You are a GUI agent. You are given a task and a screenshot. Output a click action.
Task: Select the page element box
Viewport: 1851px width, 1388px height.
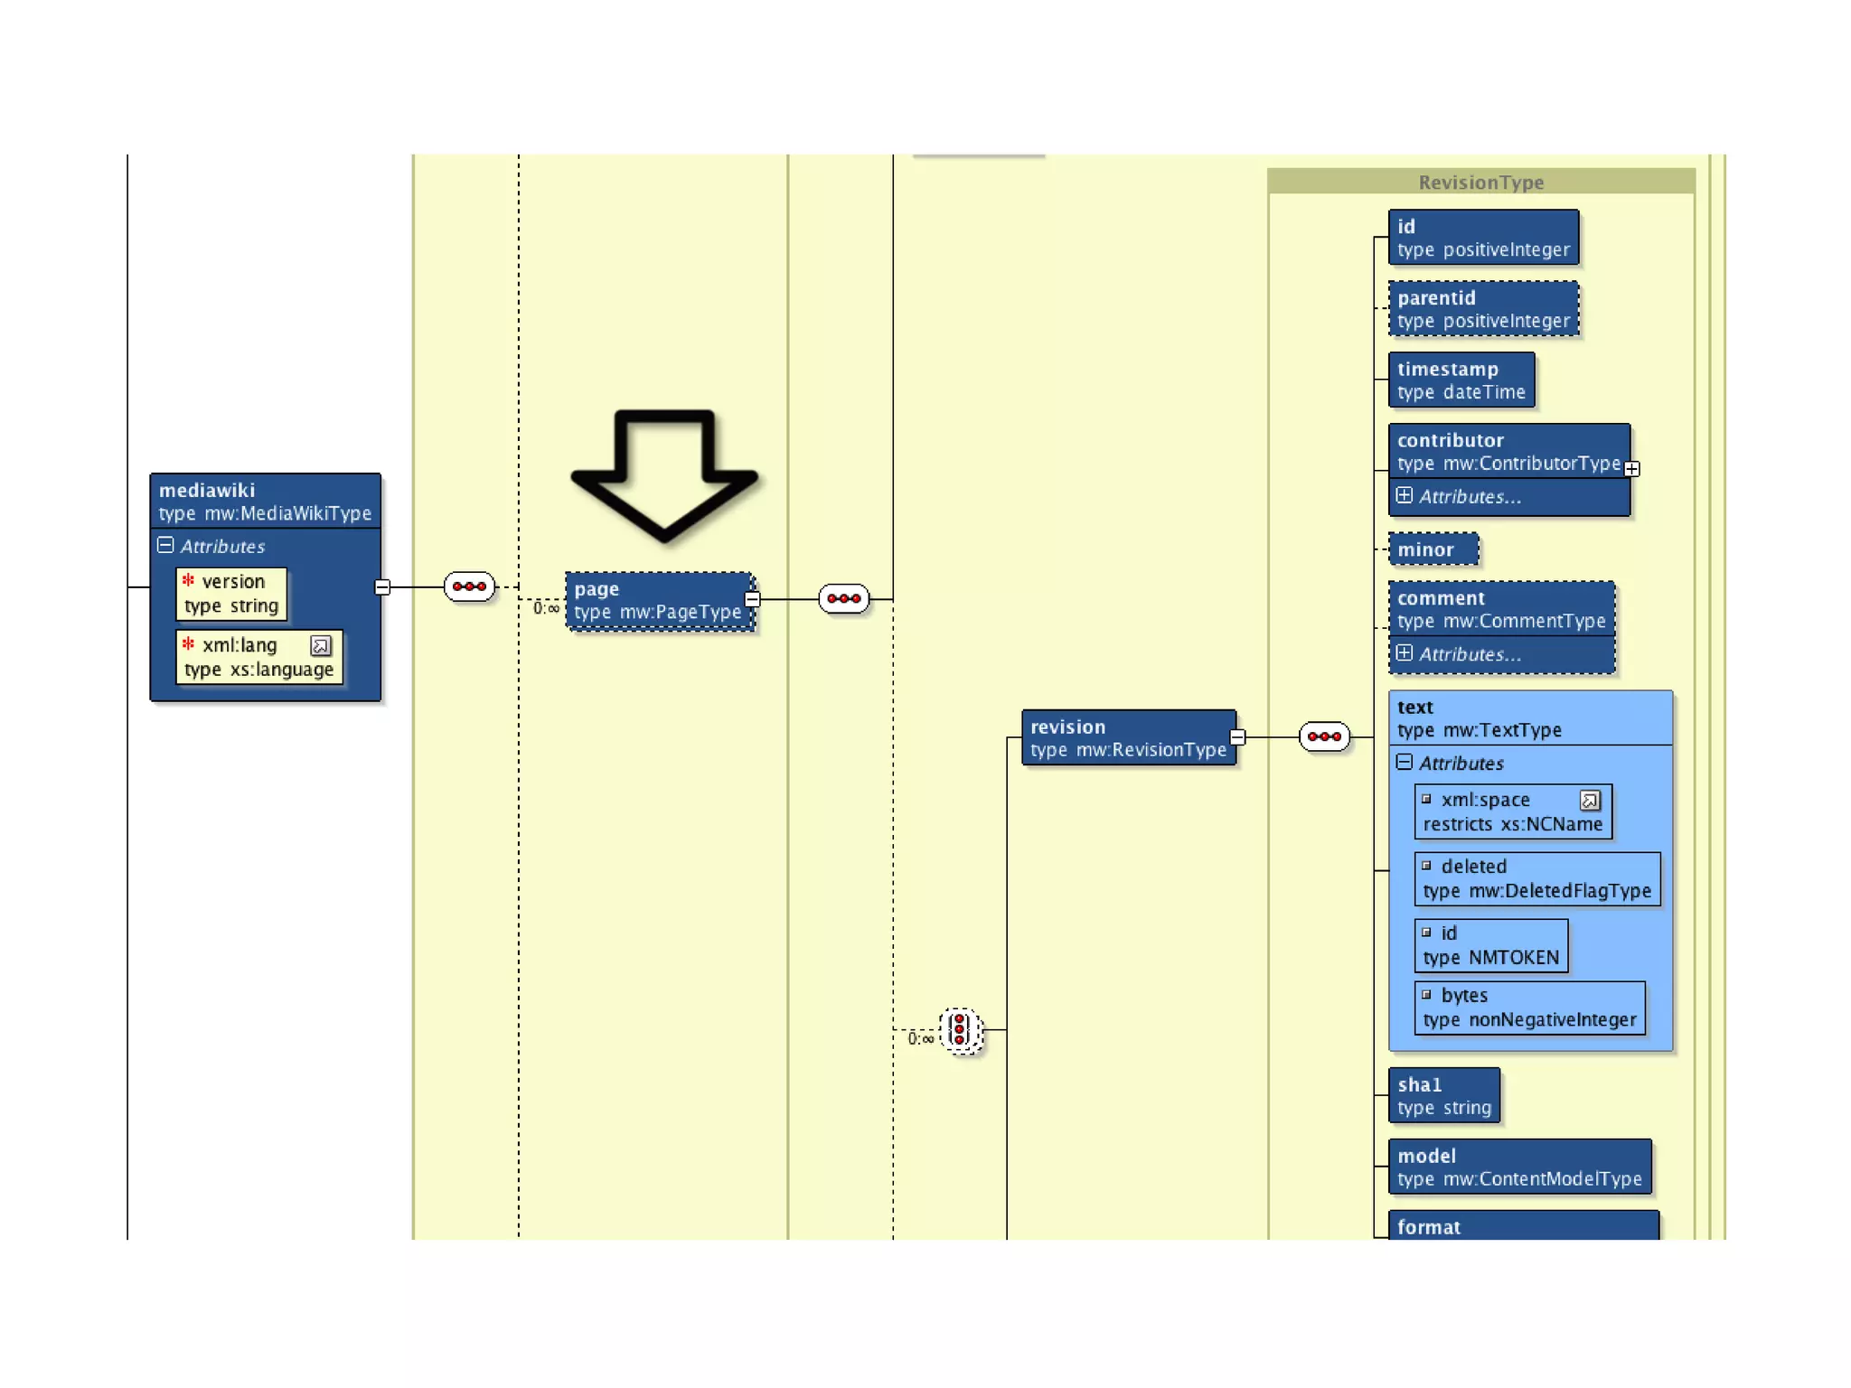tap(659, 601)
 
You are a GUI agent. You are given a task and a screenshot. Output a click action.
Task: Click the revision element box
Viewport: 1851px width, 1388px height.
tap(1128, 737)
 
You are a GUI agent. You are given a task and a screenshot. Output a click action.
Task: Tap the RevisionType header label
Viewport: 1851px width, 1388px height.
tap(1480, 183)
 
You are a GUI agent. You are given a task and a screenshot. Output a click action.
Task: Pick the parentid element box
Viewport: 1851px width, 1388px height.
tap(1483, 309)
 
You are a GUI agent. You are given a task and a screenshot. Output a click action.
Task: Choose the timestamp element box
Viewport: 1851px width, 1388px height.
tap(1461, 380)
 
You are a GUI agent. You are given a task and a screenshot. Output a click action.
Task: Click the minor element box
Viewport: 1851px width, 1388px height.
tap(1433, 549)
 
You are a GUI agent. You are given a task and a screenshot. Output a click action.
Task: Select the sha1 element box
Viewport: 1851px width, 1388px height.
tap(1443, 1095)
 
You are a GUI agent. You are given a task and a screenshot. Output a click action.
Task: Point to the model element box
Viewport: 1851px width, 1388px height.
tap(1518, 1167)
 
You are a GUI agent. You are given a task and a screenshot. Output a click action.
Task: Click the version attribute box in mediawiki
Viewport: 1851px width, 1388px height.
tap(231, 594)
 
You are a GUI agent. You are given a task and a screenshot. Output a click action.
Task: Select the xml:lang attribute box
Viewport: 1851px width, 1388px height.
tap(259, 657)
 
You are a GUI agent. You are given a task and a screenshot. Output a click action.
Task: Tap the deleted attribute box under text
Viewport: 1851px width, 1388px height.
tap(1536, 878)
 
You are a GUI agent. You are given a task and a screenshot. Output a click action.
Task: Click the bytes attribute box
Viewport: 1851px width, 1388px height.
tap(1529, 1008)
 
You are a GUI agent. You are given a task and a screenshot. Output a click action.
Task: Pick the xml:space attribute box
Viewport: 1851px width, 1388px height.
tap(1512, 811)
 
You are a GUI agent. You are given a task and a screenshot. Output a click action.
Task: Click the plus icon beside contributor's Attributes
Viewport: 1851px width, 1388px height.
tap(1404, 495)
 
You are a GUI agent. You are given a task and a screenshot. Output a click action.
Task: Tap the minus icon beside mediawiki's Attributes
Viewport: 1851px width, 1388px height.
tap(165, 545)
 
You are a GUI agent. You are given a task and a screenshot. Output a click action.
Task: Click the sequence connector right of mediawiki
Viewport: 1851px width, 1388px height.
tap(469, 586)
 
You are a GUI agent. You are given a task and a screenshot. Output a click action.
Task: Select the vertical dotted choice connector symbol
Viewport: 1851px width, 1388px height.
tap(960, 1030)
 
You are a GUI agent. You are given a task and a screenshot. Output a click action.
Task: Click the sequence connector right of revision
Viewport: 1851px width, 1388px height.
tap(1324, 736)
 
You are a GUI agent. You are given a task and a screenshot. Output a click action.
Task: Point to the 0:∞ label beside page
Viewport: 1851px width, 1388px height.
tap(546, 608)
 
